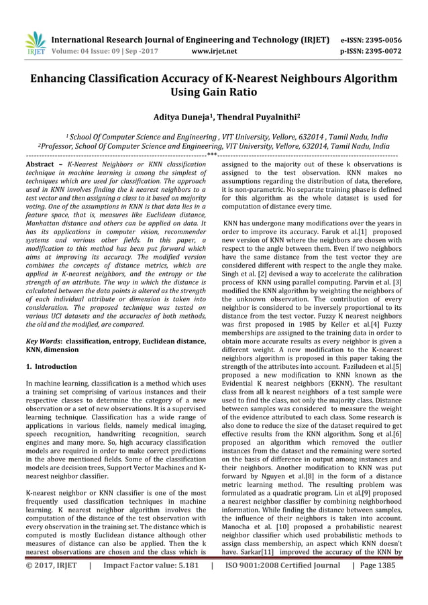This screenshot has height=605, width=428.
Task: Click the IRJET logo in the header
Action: tap(34, 42)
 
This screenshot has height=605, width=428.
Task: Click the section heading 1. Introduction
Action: tap(50, 367)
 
